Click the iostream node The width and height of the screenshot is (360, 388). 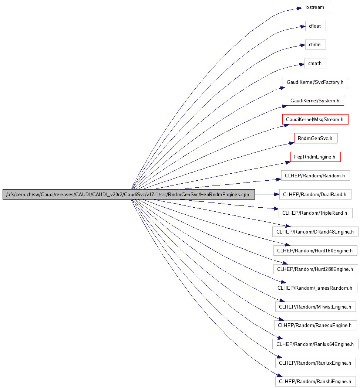315,7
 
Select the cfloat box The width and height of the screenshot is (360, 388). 315,26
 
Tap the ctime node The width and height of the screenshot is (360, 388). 315,45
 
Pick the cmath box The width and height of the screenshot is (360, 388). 315,64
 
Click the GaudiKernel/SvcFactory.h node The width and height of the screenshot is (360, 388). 315,82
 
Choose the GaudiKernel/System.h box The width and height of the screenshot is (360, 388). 315,101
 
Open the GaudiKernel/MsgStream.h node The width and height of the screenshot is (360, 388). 315,119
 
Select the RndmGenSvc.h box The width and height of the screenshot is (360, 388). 315,139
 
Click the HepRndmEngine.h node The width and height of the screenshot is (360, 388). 315,157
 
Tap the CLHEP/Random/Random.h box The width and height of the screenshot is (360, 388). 315,176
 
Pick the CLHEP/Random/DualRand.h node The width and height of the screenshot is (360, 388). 315,194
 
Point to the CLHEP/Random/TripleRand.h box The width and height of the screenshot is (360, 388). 315,213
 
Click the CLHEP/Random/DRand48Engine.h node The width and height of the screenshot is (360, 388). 315,232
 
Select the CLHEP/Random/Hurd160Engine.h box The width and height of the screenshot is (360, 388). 315,251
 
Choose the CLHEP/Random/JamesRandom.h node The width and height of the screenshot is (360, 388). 315,288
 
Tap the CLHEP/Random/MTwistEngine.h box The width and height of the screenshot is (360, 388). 315,307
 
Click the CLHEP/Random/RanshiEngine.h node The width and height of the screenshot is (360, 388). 315,381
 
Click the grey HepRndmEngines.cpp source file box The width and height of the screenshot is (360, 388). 129,194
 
